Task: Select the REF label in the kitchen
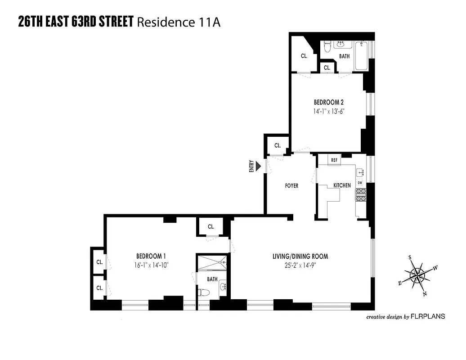(x=334, y=160)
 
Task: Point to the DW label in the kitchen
(x=360, y=183)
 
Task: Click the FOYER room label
(x=291, y=186)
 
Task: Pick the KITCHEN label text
(x=342, y=185)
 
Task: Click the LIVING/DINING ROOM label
(x=300, y=256)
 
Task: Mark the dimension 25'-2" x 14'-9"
(x=300, y=265)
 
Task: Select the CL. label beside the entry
(x=278, y=146)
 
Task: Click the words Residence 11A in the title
(x=178, y=22)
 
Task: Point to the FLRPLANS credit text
(x=428, y=316)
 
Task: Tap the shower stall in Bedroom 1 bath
(x=212, y=264)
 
